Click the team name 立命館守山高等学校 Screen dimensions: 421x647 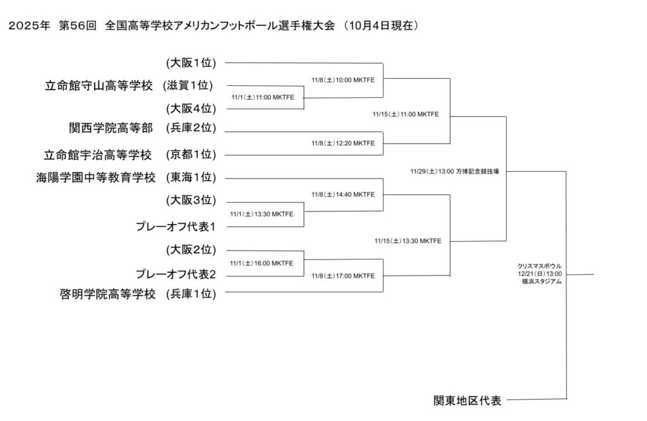pos(99,86)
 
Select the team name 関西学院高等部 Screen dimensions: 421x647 pos(111,128)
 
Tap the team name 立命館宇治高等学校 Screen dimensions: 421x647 pos(99,155)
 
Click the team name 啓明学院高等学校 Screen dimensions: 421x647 pos(107,293)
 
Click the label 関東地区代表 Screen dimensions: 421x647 pos(467,400)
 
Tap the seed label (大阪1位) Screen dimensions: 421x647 pos(191,62)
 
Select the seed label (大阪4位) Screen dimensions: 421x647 pos(191,108)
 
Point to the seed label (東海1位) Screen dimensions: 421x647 pos(191,178)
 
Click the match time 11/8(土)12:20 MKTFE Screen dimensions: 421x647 pos(343,143)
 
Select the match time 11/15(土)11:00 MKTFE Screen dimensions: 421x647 pos(406,114)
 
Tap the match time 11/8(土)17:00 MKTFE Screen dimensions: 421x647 pos(343,276)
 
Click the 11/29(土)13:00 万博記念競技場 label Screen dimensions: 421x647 pos(454,171)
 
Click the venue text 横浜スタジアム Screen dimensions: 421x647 pos(541,282)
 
